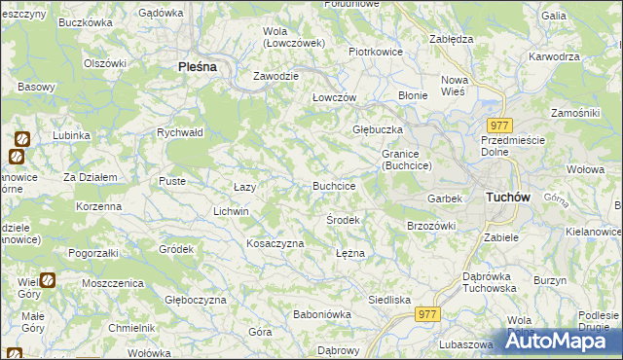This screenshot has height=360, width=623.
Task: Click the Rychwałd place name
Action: pos(179,132)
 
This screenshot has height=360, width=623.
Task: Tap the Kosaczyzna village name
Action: pos(275,243)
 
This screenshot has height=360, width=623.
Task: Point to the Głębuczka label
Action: pos(377,129)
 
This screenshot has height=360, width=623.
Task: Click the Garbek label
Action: pos(444,198)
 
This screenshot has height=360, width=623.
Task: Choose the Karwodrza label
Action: pos(552,56)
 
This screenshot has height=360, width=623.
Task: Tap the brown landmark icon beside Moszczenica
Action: pos(49,280)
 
